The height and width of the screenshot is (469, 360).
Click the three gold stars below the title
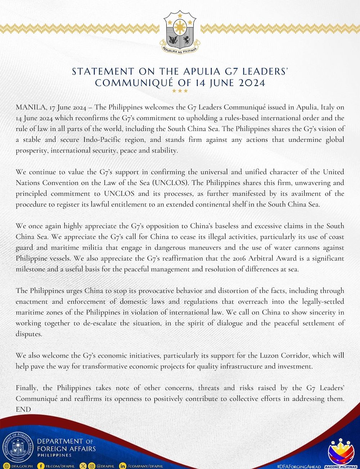coord(180,91)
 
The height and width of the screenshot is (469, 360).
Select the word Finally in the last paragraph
coord(27,388)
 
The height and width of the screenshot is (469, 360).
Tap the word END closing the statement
coord(23,410)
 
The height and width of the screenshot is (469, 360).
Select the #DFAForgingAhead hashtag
coord(299,466)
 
